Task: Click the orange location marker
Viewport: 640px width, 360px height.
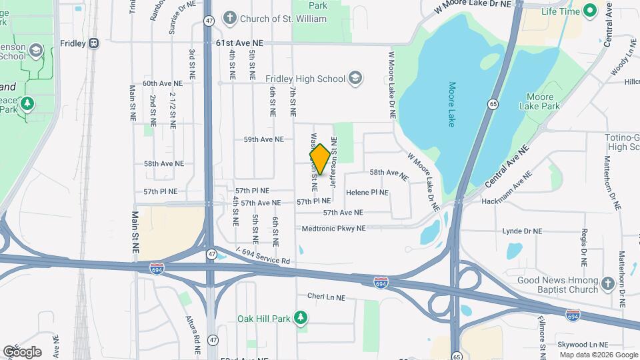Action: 320,159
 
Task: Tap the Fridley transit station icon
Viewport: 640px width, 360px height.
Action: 93,43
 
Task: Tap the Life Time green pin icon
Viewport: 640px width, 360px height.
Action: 589,11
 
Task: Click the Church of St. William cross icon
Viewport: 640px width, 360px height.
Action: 229,19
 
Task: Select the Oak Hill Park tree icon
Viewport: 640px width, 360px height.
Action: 301,318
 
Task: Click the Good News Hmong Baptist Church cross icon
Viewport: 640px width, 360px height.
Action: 607,285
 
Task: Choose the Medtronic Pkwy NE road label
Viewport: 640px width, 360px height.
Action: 333,228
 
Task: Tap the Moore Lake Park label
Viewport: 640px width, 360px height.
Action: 540,101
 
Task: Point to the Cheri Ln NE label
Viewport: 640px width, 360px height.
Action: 326,297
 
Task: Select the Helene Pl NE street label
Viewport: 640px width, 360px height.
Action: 367,192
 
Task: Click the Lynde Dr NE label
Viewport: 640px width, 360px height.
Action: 523,231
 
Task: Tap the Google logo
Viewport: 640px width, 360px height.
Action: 22,351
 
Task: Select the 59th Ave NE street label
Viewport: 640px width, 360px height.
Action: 264,140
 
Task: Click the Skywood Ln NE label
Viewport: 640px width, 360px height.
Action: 587,346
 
